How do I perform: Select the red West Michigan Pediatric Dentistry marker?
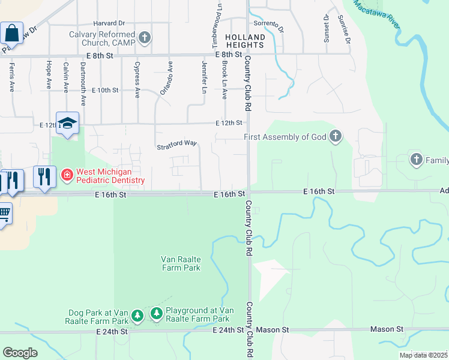pos(67,176)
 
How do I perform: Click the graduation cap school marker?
pos(68,123)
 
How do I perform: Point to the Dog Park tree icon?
pos(137,315)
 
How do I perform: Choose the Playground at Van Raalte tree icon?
pos(156,313)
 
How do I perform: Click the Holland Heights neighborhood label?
pos(244,41)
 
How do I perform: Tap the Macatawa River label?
pos(376,13)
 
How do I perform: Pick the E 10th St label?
pos(105,90)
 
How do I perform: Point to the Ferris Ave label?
pos(11,78)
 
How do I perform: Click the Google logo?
pos(20,353)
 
